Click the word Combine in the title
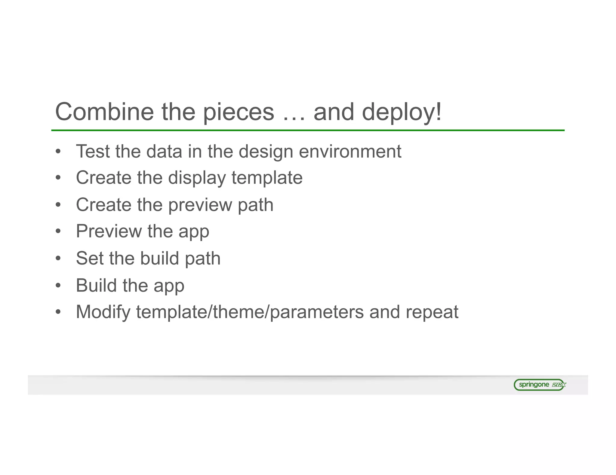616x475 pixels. coord(104,112)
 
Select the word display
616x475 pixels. coord(197,178)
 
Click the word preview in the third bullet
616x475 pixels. coord(200,205)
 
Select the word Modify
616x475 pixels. coord(103,312)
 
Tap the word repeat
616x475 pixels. coord(432,312)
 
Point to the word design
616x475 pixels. coord(266,152)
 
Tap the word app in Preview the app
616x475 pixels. coord(194,232)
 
